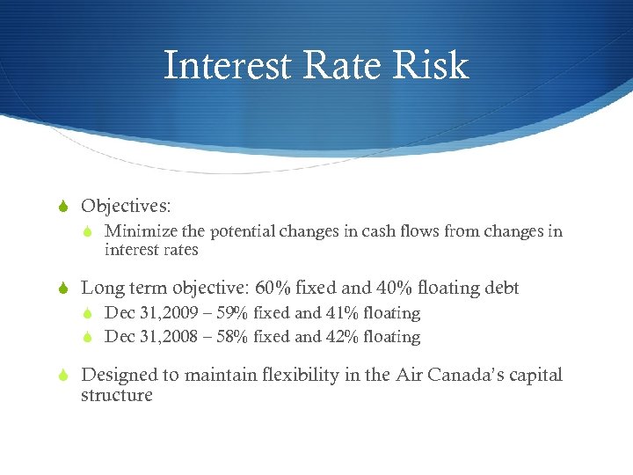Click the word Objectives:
click(x=126, y=206)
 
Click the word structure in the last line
click(x=116, y=395)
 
